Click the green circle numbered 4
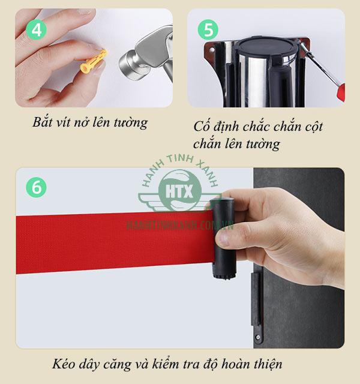[x=37, y=29]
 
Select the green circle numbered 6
[x=37, y=187]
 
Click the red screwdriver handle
[x=342, y=91]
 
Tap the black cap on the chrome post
[x=266, y=46]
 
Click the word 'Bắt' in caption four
[x=44, y=123]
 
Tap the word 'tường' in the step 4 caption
[x=129, y=123]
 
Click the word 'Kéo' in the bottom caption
[x=64, y=364]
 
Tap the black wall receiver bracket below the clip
[x=257, y=300]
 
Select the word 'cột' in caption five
[x=311, y=127]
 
